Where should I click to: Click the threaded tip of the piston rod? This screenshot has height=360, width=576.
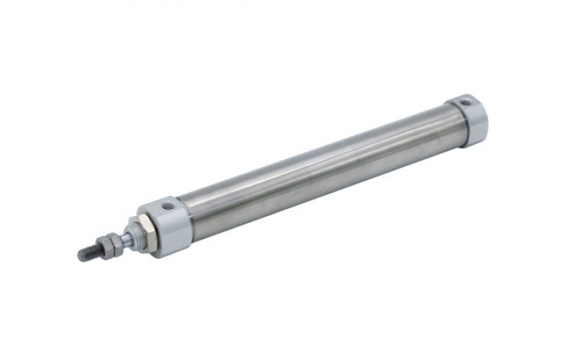coord(88,252)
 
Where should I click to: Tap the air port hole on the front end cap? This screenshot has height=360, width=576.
coord(168,205)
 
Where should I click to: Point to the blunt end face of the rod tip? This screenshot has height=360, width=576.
coord(80,254)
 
